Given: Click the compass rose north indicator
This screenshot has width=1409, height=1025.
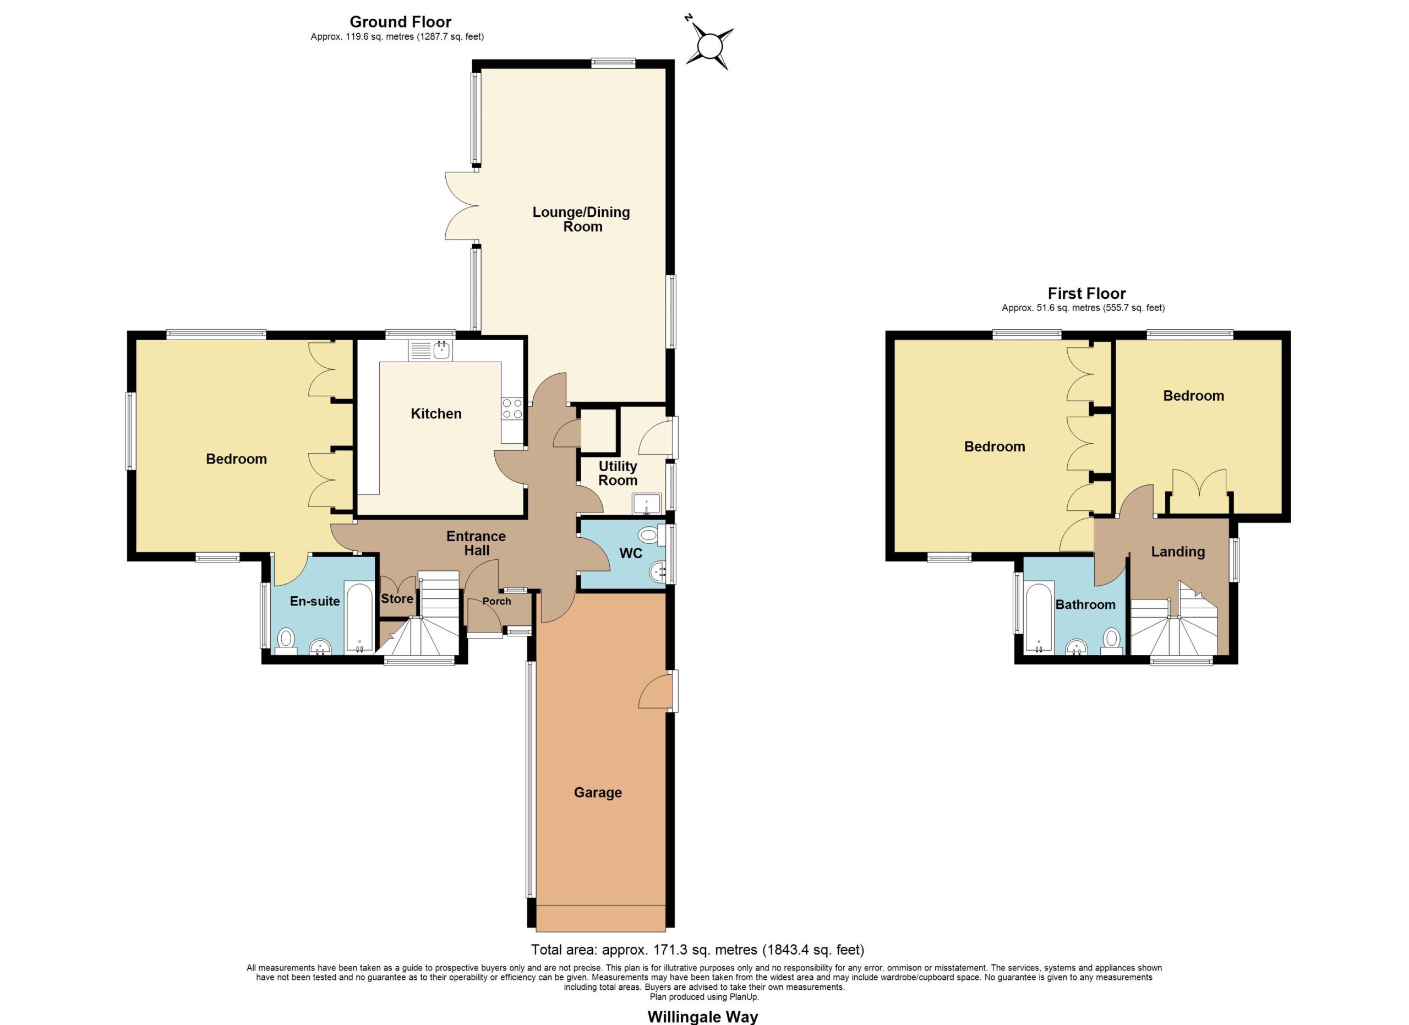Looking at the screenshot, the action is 709,46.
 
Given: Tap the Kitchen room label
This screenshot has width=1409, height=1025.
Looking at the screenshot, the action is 436,414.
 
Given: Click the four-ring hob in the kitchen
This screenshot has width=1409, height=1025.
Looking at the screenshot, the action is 512,408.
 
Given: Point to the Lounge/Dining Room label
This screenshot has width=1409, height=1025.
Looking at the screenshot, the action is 582,219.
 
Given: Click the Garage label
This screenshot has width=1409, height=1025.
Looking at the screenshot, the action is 598,792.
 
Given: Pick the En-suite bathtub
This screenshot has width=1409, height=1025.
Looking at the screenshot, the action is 359,616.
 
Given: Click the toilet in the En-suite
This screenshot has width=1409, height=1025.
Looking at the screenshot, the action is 286,640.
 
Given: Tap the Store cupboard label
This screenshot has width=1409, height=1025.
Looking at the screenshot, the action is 397,598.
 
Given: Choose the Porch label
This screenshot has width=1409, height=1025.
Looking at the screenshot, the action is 497,601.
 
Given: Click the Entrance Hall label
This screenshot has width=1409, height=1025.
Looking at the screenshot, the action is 477,543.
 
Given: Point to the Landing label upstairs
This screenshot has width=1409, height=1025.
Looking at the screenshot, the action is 1178,552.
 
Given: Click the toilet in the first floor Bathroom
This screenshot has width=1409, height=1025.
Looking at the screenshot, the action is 1112,640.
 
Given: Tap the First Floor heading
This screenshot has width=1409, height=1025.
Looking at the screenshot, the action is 1086,293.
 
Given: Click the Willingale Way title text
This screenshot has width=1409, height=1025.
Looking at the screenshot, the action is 703,1017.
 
